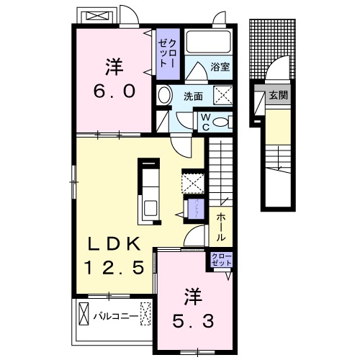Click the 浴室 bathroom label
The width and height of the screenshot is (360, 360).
pyautogui.click(x=220, y=67)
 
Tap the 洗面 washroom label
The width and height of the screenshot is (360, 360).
pyautogui.click(x=192, y=96)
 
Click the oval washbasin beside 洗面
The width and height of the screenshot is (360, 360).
pyautogui.click(x=164, y=96)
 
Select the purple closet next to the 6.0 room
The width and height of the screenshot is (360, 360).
pyautogui.click(x=166, y=53)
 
